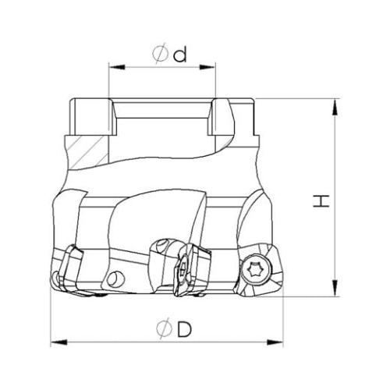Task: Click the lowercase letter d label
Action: pos(180,55)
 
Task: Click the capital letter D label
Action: pos(184,328)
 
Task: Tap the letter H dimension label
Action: pos(321,200)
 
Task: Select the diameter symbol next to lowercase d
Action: pos(160,54)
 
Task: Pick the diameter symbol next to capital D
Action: pos(165,328)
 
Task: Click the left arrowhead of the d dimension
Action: pos(117,67)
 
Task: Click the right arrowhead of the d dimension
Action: pos(207,67)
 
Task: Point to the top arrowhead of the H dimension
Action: pos(336,107)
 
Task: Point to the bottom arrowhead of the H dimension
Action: pos(336,288)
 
